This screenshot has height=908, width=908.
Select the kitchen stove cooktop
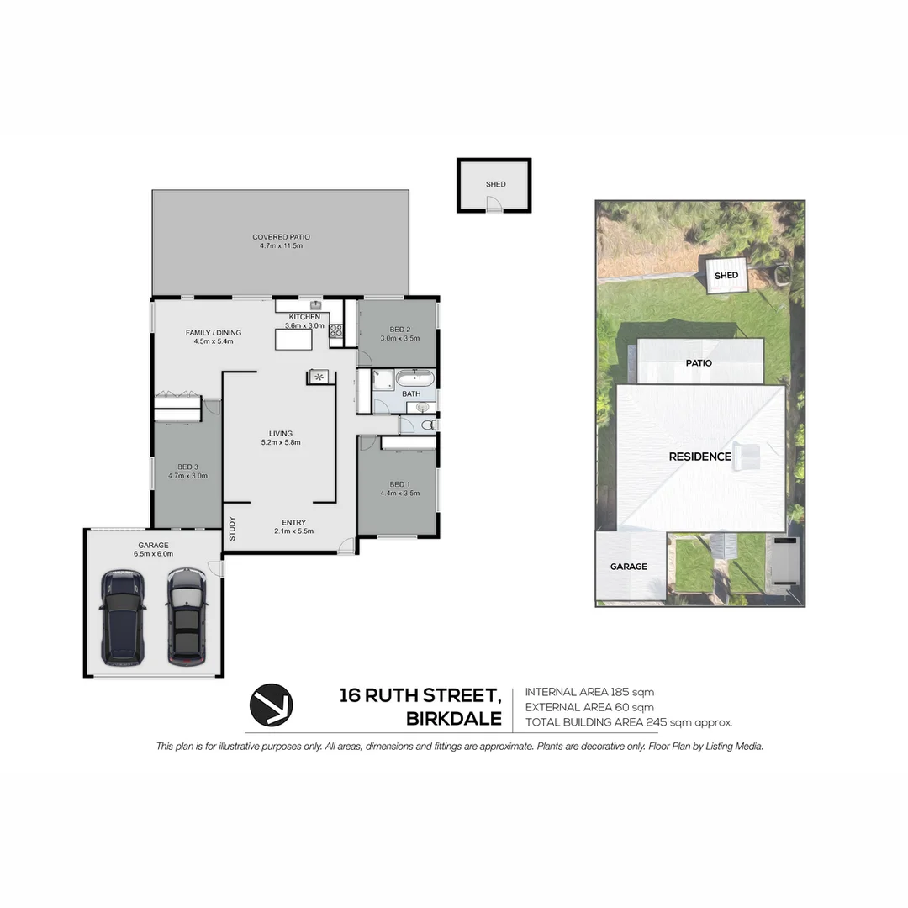[x=335, y=330]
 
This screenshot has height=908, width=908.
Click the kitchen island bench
[x=293, y=339]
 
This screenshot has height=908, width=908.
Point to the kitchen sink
[x=316, y=304]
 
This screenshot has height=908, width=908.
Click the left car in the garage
[x=123, y=615]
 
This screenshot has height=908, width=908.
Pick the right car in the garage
[x=186, y=615]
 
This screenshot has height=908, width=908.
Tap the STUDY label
[x=232, y=529]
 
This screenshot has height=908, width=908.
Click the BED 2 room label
[x=399, y=329]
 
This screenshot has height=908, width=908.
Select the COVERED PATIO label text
[x=281, y=237]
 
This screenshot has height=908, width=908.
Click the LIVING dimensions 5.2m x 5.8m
[x=281, y=442]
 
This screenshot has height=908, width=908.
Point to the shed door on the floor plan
[x=494, y=204]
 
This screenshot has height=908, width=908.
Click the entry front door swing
[x=346, y=546]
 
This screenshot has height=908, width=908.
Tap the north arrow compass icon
[x=270, y=705]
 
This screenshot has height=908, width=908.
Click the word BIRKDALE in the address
[x=454, y=719]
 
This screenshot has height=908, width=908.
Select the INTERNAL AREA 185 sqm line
[x=589, y=692]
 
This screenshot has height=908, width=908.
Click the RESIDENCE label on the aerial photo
[x=699, y=457]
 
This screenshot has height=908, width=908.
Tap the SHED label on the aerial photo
[x=726, y=275]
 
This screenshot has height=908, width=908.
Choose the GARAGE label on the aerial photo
[x=629, y=567]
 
